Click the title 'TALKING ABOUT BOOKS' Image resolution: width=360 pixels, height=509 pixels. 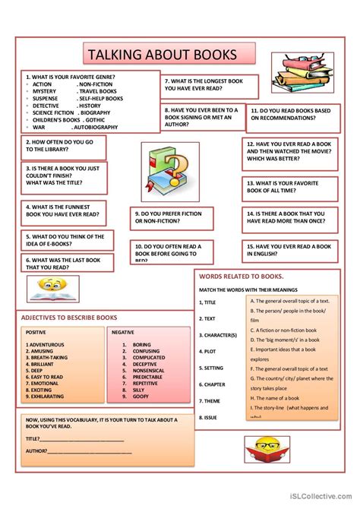coord(162,55)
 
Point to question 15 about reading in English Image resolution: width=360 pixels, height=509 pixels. coord(289,251)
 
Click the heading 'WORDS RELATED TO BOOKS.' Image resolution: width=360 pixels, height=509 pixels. coord(240,277)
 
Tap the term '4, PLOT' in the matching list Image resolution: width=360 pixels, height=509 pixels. coord(210,351)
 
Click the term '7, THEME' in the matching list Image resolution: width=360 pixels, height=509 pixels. coord(211,401)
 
